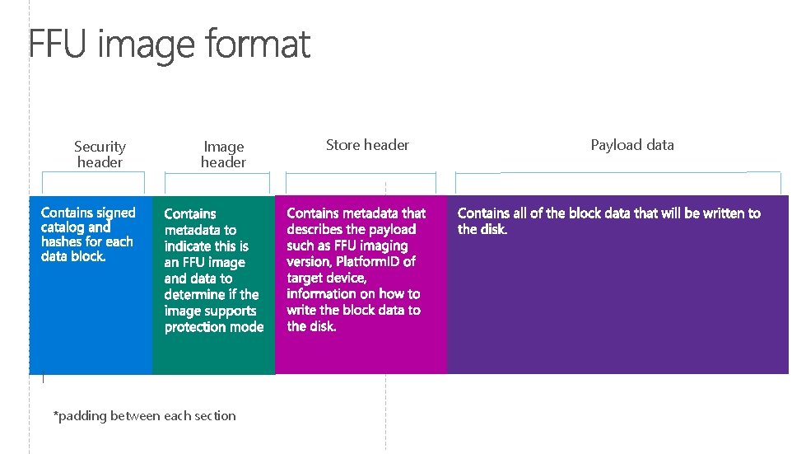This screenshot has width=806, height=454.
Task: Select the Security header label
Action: [x=100, y=154]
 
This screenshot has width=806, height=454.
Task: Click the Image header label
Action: [x=223, y=155]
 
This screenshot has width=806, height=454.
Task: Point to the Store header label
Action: [x=367, y=145]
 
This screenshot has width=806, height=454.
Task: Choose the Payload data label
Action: [x=632, y=145]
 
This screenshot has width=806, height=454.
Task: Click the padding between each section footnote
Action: [x=144, y=416]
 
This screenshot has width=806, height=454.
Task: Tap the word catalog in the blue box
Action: [x=63, y=227]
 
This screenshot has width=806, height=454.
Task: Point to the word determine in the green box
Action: [x=195, y=294]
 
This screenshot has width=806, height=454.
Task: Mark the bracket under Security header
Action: [x=94, y=174]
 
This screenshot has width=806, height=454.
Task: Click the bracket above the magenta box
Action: [x=361, y=175]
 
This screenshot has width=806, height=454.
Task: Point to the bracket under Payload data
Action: [x=617, y=174]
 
